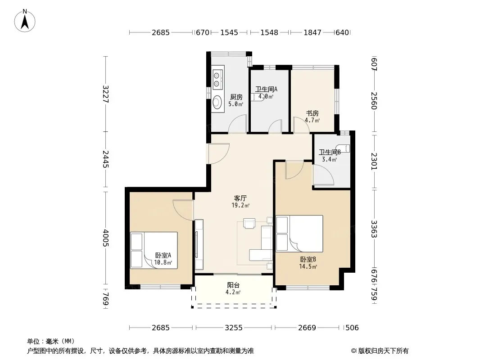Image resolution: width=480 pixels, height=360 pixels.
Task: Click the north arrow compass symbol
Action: click(x=25, y=21)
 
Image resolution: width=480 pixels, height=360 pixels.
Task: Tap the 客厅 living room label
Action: click(x=240, y=198)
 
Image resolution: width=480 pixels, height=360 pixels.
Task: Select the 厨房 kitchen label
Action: click(x=236, y=97)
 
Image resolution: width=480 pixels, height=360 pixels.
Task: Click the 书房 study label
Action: click(x=312, y=113)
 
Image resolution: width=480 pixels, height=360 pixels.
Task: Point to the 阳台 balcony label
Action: click(x=233, y=285)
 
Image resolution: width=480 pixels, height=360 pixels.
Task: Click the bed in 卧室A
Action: click(x=154, y=250)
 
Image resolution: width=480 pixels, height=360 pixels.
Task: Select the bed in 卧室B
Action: click(x=299, y=234)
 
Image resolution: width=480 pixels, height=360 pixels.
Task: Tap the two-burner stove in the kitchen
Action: click(x=217, y=79)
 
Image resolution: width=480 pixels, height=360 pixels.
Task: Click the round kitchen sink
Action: click(x=217, y=102)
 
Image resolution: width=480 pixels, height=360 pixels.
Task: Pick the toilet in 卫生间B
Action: click(x=343, y=148)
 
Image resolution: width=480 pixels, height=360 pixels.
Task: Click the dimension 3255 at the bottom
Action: click(x=234, y=328)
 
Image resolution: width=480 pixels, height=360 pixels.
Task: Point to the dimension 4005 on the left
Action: click(x=106, y=238)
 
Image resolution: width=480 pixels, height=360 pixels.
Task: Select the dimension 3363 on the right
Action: click(x=374, y=229)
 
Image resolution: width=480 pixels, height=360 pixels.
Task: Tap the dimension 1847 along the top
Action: click(x=312, y=32)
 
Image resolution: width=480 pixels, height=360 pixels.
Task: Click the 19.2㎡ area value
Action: click(x=240, y=205)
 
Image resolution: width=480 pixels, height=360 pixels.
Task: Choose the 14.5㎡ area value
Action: click(x=308, y=266)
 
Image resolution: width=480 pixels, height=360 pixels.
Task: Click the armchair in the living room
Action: click(x=249, y=223)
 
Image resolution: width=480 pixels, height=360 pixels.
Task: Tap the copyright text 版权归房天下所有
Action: click(x=383, y=351)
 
